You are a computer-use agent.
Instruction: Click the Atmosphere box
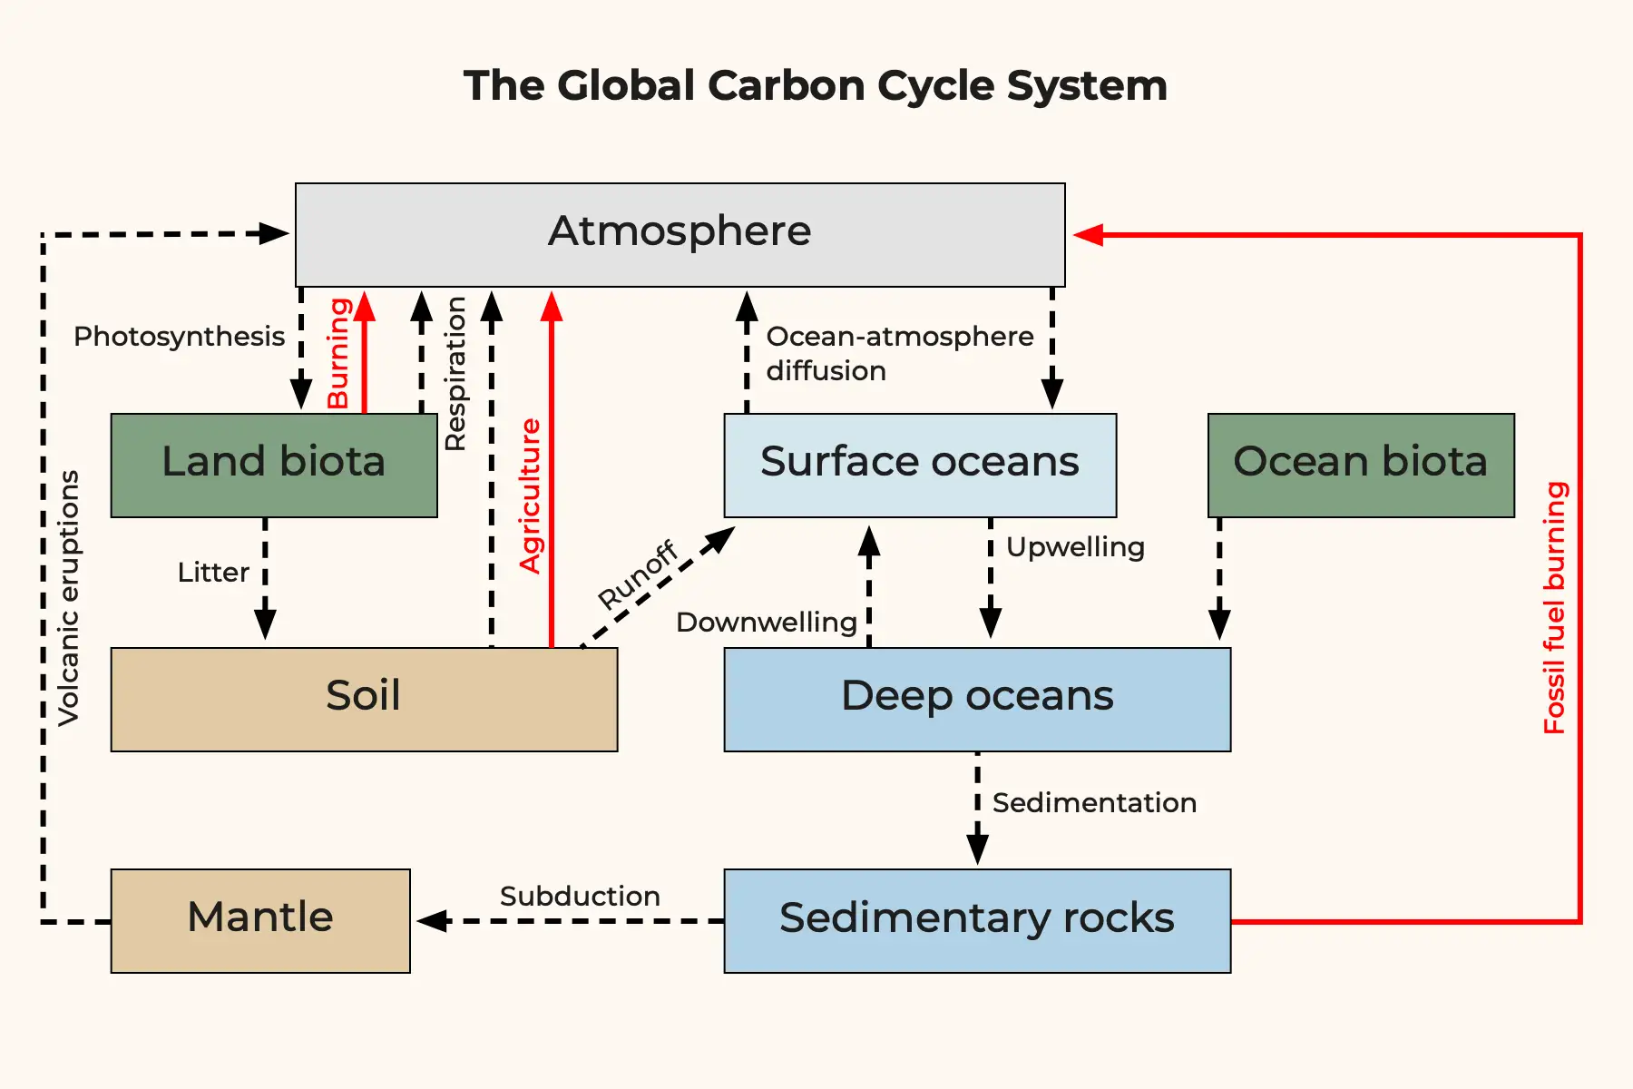tap(680, 234)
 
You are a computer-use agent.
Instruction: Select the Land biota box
tap(273, 465)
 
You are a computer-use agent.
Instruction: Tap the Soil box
tap(363, 698)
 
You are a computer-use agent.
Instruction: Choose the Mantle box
tap(260, 920)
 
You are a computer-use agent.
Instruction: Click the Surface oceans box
tap(919, 465)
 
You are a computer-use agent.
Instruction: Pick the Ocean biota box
tap(1360, 465)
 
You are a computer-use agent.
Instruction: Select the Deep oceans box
tap(976, 698)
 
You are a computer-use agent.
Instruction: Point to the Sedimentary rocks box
tap(976, 920)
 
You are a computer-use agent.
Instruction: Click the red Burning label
tap(338, 353)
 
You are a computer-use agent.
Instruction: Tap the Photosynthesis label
tap(179, 337)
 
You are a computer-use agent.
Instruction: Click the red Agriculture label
tap(530, 495)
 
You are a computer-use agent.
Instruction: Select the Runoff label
tap(638, 574)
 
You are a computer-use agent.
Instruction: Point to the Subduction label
tap(580, 897)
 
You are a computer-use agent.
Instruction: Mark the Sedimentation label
tap(1094, 803)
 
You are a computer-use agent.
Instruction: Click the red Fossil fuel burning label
tap(1555, 607)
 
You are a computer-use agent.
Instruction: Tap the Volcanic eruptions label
tap(69, 598)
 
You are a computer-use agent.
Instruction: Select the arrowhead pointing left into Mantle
tap(432, 920)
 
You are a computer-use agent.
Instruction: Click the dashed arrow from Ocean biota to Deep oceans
tap(1219, 581)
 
